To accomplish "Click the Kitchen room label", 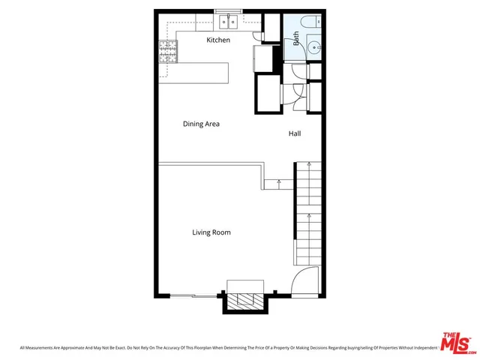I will coord(218,40).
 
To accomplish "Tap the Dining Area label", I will coord(201,124).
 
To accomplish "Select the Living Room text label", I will coord(211,232).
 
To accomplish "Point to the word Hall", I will coord(295,134).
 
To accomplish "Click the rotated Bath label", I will coord(296,39).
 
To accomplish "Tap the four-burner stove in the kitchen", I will coord(167,51).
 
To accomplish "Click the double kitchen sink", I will coord(229,22).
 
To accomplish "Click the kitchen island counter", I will coord(193,73).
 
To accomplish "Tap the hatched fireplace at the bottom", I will coord(244,301).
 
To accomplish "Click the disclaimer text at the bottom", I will coord(225,348).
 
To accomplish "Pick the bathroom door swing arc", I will coord(298,70).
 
